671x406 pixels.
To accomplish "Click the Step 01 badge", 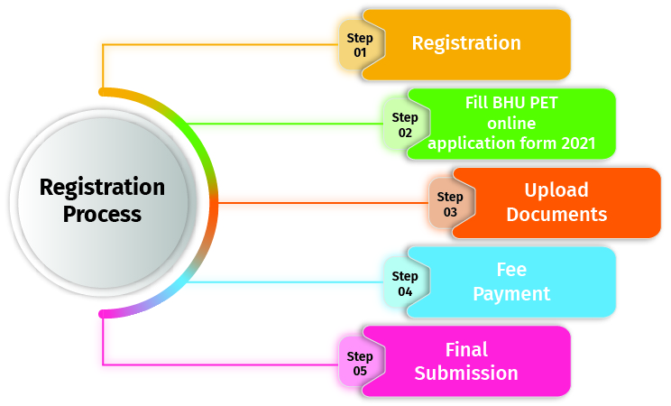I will (360, 44).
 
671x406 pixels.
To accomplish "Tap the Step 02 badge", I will (405, 124).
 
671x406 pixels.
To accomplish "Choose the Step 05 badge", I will (360, 363).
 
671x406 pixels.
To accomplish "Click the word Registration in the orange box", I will (466, 43).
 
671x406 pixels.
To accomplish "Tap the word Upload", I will (556, 190).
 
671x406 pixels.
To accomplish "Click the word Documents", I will (556, 215).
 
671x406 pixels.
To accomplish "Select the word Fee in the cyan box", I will (511, 270).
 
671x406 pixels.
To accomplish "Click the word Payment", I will (511, 294).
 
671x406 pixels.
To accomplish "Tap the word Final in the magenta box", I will (466, 349).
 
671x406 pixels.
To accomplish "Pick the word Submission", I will (466, 374).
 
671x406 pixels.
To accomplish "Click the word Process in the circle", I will (103, 215).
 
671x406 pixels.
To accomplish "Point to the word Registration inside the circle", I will (103, 188).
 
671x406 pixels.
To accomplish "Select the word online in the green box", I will (511, 124).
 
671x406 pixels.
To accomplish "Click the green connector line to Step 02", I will (289, 123).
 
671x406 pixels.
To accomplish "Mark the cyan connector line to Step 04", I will (289, 282).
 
